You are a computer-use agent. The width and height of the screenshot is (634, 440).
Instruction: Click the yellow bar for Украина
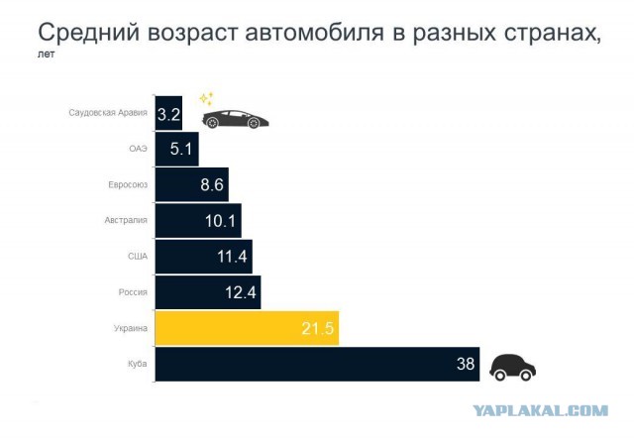coord(248,328)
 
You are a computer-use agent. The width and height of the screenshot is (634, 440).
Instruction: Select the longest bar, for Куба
coord(317,364)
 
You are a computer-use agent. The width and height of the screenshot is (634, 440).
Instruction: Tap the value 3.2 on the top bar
coord(167,115)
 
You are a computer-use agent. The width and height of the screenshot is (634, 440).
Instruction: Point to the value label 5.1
coord(181,151)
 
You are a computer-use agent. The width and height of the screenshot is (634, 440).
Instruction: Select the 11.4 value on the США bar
coord(232,258)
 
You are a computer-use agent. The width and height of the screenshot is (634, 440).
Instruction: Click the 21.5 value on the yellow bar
coord(319,328)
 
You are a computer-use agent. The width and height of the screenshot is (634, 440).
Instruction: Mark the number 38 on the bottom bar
coord(465,365)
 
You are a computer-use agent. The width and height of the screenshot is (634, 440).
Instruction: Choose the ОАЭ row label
coord(137,149)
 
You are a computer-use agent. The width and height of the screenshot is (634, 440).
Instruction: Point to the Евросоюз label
coord(128,184)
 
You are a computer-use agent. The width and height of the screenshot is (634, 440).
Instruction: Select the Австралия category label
coord(126,220)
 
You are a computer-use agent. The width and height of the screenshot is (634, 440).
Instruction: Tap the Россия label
coord(133,291)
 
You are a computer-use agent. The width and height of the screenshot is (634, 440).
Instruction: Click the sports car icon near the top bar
coord(236,118)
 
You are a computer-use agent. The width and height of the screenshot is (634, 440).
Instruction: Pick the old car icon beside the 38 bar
coord(513,367)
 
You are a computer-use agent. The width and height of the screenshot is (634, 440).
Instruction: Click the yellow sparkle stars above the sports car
coord(206,98)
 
